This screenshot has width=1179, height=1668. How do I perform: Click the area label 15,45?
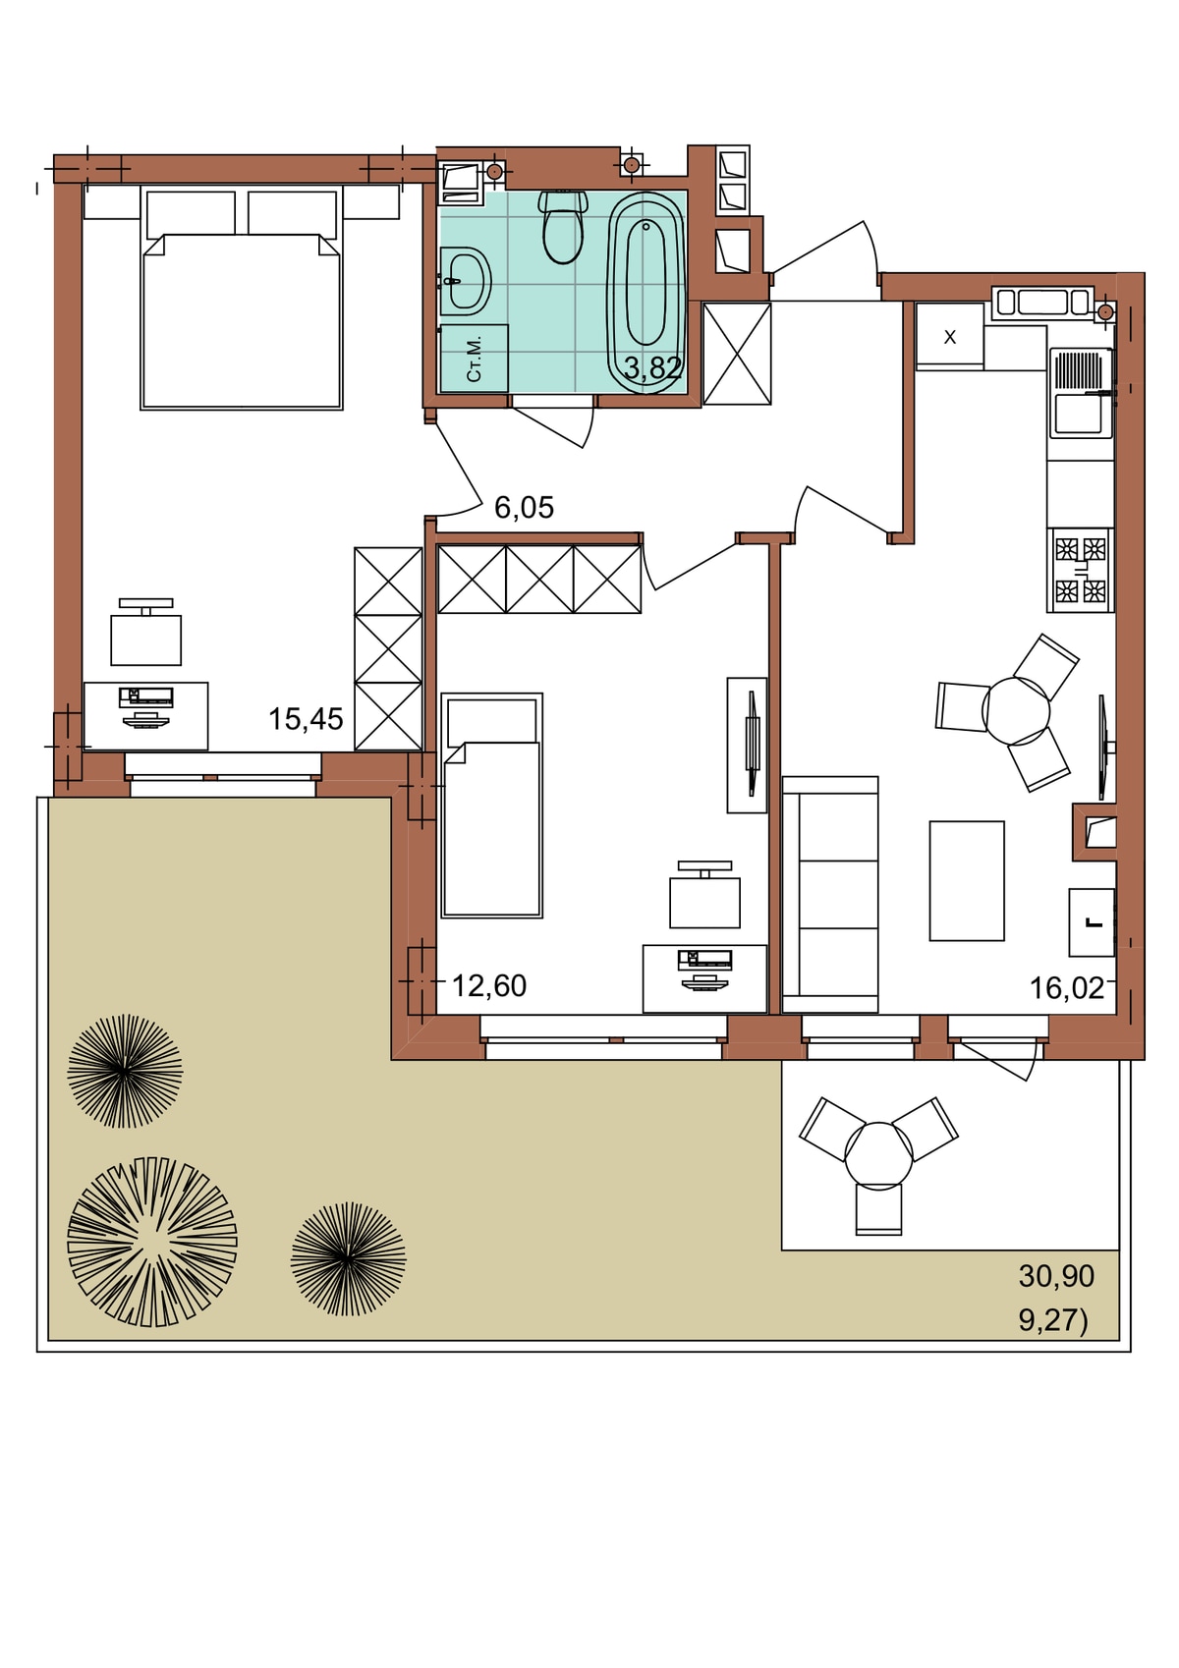(306, 719)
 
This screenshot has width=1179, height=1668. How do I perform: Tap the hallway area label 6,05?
(525, 508)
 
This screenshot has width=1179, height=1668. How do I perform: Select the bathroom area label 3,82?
(652, 367)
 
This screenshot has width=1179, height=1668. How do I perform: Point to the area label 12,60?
(489, 986)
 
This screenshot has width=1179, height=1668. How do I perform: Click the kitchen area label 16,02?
(1067, 988)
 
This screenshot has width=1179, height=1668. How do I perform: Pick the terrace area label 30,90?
(1056, 1276)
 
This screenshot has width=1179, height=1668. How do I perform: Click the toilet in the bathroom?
(563, 227)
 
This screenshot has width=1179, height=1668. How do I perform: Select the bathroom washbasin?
(465, 282)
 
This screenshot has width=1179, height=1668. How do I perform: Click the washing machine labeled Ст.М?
(475, 359)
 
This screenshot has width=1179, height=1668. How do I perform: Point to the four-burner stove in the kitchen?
(1081, 571)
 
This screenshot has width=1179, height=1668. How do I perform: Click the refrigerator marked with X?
(950, 337)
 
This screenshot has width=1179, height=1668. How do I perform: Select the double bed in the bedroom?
(242, 300)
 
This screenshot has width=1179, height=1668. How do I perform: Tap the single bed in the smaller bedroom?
(491, 806)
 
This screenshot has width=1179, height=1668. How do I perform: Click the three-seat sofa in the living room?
(830, 895)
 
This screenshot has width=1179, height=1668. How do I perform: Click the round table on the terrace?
(879, 1156)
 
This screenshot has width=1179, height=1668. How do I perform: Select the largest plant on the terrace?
(152, 1242)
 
